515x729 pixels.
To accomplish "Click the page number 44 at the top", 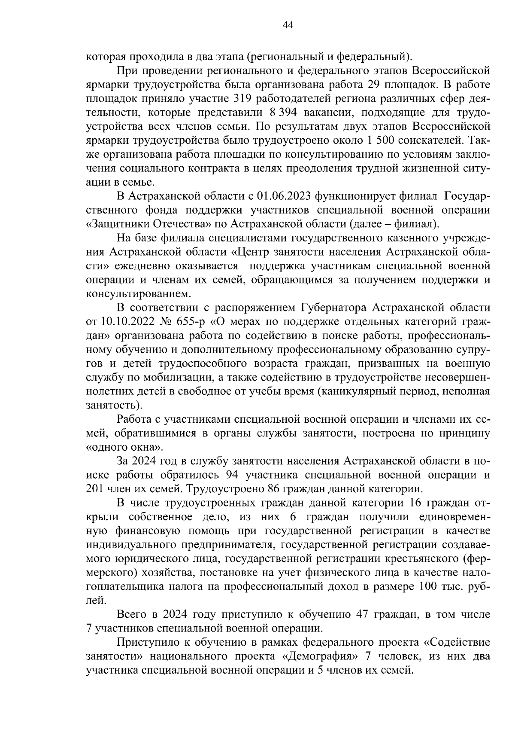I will pos(288,25).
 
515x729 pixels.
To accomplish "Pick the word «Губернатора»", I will pos(333,308).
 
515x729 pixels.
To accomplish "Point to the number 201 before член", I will pos(94,489).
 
